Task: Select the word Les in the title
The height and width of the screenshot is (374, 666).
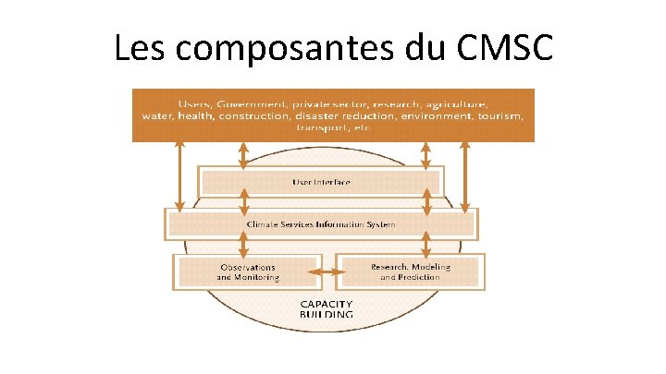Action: [x=141, y=48]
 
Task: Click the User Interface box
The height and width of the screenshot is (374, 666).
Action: [x=321, y=182]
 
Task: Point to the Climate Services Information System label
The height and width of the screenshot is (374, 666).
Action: [x=321, y=224]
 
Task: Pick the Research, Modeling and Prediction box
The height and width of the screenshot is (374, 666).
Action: [x=410, y=271]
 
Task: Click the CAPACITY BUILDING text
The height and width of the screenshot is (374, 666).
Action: [x=326, y=308]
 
